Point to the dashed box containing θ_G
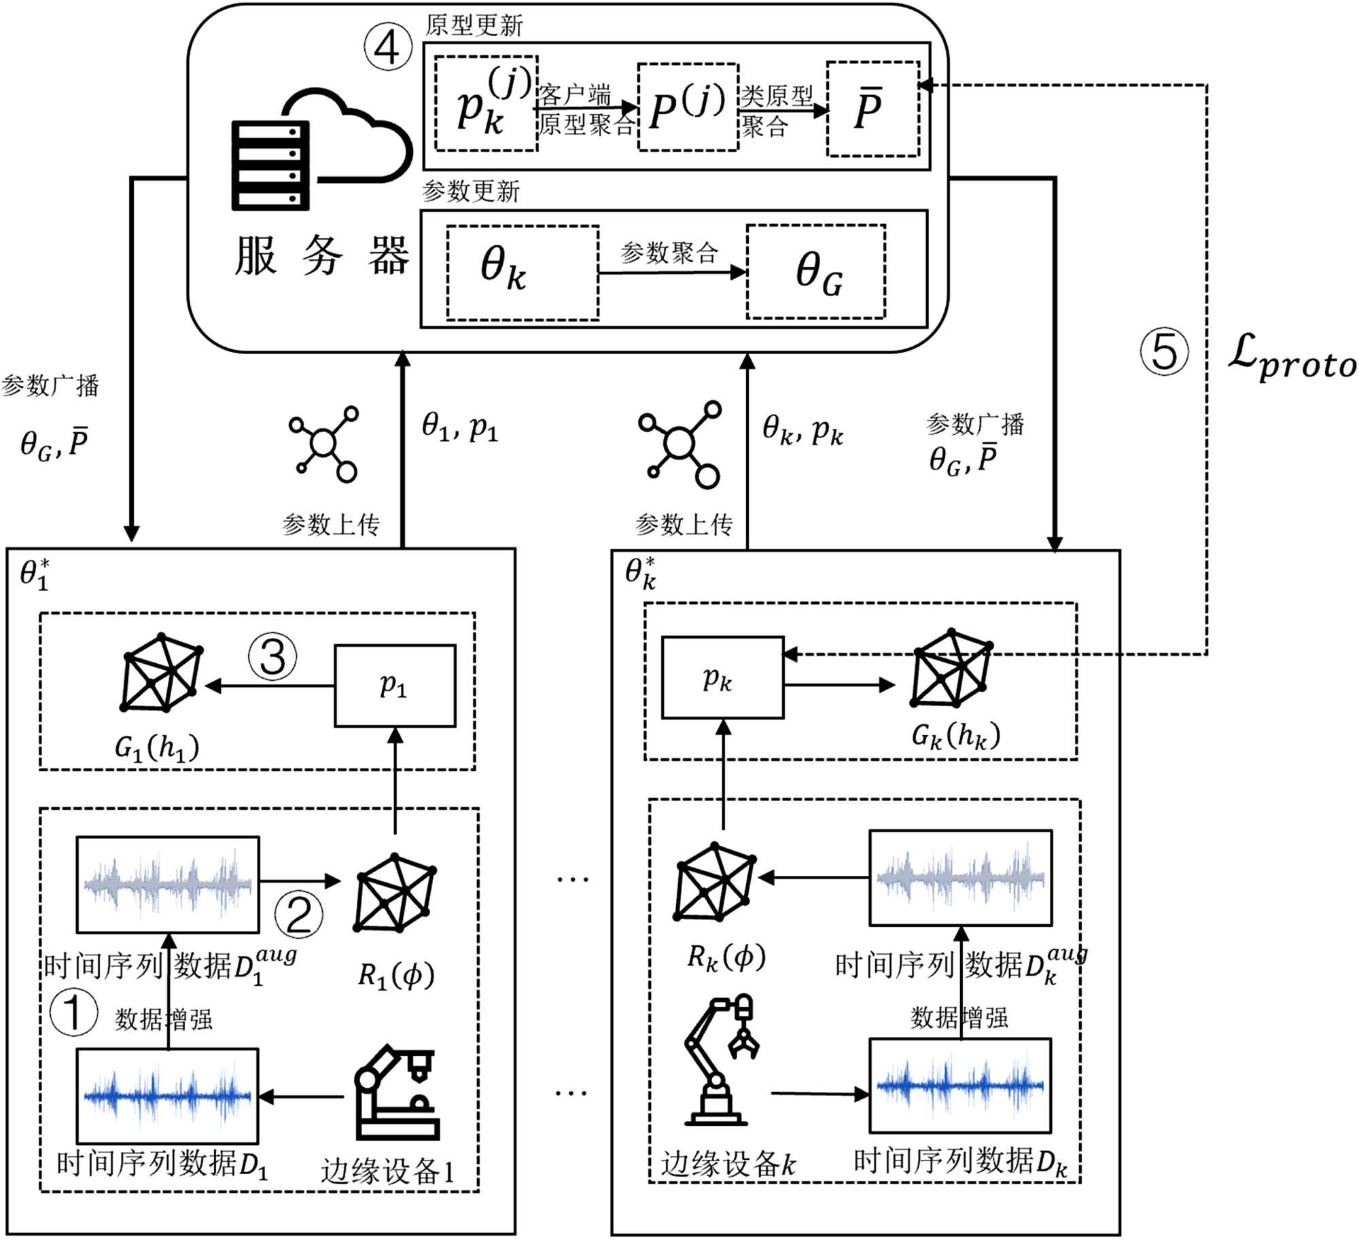pyautogui.click(x=815, y=272)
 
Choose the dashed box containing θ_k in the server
pyautogui.click(x=522, y=272)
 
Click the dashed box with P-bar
pyautogui.click(x=872, y=109)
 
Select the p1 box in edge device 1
pyautogui.click(x=395, y=686)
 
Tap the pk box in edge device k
pyautogui.click(x=722, y=677)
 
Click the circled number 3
pyautogui.click(x=272, y=657)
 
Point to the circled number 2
pyautogui.click(x=298, y=915)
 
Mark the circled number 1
pyautogui.click(x=73, y=1012)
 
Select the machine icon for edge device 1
pyautogui.click(x=398, y=1094)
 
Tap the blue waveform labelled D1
pyautogui.click(x=167, y=1096)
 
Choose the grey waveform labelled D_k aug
pyautogui.click(x=960, y=878)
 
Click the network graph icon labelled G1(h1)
pyautogui.click(x=162, y=673)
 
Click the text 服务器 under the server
pyautogui.click(x=322, y=256)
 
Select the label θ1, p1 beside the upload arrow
pyautogui.click(x=460, y=427)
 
